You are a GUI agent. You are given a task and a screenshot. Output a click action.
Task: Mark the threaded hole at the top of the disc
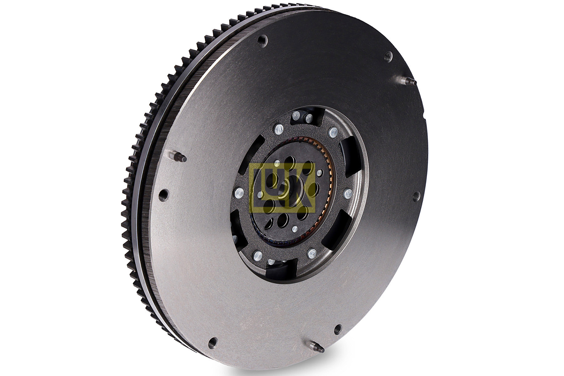263,40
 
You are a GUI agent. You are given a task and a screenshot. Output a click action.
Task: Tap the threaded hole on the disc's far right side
416,196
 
